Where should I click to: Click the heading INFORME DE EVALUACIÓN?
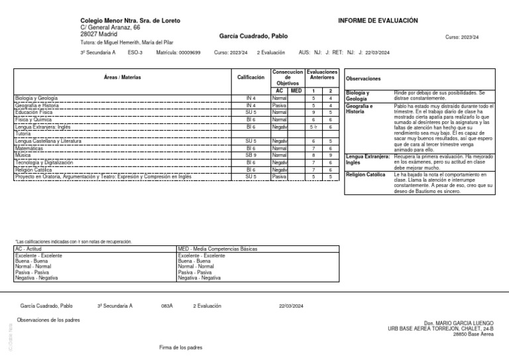[378, 21]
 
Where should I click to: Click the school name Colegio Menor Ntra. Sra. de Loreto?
[130, 21]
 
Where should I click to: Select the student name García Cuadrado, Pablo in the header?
[254, 36]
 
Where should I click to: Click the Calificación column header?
[251, 78]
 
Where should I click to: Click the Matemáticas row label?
[33, 149]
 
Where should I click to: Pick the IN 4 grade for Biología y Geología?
[251, 98]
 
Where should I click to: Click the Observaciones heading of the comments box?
[363, 78]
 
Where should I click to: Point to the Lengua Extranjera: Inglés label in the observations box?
[367, 158]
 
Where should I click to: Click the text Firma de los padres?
[181, 347]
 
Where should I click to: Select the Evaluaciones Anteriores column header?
[323, 74]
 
